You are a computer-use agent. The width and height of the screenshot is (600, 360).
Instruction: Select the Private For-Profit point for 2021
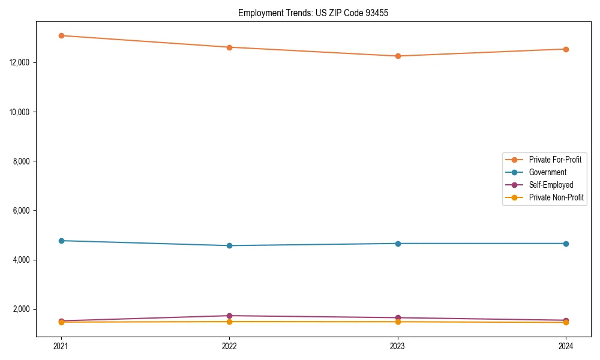(61, 35)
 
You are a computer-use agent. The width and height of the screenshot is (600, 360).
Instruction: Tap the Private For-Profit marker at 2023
(398, 56)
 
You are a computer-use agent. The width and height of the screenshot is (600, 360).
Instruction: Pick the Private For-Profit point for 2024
(566, 49)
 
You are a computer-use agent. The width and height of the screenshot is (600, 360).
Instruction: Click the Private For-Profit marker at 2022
(229, 47)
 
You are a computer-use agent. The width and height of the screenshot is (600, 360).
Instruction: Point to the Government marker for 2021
(61, 241)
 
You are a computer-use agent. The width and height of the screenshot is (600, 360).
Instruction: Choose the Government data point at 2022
(229, 245)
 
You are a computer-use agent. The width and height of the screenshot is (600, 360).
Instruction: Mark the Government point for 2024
(566, 244)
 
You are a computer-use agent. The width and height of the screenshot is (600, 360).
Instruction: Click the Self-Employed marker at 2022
(229, 316)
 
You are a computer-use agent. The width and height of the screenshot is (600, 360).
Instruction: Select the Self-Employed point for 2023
(398, 318)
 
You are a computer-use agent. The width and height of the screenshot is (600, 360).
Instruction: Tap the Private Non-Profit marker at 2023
(398, 322)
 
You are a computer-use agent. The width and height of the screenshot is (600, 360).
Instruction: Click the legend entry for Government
(547, 172)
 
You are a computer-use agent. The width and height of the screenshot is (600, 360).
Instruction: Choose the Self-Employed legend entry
(551, 185)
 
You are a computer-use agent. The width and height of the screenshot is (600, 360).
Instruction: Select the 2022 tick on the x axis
(229, 346)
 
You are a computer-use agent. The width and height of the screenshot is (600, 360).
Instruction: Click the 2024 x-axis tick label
(566, 346)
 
